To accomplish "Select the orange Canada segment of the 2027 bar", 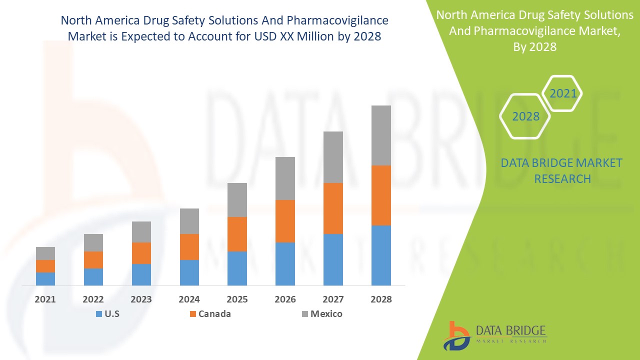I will (333, 208).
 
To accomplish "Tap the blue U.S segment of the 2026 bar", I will (285, 264).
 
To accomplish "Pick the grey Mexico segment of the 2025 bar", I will (237, 200).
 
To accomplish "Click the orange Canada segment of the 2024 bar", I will (189, 247).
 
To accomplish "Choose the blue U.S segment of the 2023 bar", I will (141, 274).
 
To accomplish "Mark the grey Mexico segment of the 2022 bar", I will (93, 242).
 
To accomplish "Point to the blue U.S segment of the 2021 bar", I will (45, 279).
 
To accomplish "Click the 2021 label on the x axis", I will (45, 299).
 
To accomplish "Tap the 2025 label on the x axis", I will (237, 299).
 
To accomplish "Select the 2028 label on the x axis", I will (380, 299).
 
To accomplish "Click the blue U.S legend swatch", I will (98, 314).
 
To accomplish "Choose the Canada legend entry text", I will (214, 314).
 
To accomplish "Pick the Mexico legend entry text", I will (326, 314).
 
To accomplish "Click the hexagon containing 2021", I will (562, 93).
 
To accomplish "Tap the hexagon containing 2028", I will (525, 116).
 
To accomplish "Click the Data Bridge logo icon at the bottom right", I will (456, 335).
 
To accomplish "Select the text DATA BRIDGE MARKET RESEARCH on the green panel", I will (562, 171).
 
